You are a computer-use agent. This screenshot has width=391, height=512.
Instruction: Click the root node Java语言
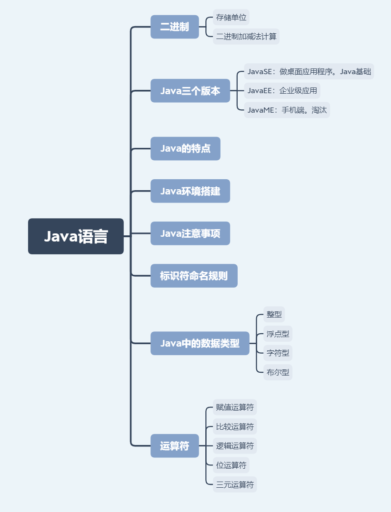(76, 236)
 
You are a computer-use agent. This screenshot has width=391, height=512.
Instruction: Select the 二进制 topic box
(174, 27)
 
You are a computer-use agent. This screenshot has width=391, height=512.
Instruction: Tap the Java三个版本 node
(190, 91)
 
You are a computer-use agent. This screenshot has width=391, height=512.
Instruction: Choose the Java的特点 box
(185, 148)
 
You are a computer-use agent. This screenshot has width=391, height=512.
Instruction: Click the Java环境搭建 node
(190, 191)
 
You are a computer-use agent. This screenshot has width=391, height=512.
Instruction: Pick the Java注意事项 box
(190, 233)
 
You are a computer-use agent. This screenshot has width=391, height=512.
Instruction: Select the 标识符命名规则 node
(194, 276)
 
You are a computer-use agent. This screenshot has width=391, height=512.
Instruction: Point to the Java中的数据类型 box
(200, 343)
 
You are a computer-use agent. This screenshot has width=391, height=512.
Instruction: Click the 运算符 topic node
(174, 446)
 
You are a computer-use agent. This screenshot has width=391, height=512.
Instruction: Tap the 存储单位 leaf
(231, 18)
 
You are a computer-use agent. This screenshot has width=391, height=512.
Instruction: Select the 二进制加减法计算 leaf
(246, 37)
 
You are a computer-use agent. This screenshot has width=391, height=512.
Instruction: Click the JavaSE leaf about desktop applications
(309, 72)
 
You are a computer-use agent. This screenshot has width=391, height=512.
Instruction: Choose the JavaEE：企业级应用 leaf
(282, 91)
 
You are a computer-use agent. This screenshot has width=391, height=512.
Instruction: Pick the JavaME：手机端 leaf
(287, 110)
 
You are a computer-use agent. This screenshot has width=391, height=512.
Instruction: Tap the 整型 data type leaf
(274, 314)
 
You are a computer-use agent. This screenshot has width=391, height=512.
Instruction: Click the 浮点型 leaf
(278, 334)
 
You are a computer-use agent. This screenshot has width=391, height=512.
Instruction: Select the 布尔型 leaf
(278, 372)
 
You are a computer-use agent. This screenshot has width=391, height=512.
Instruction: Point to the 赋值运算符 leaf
(235, 407)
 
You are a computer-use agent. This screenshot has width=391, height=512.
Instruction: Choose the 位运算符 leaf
(231, 465)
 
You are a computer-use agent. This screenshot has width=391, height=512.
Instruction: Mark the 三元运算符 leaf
(235, 484)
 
